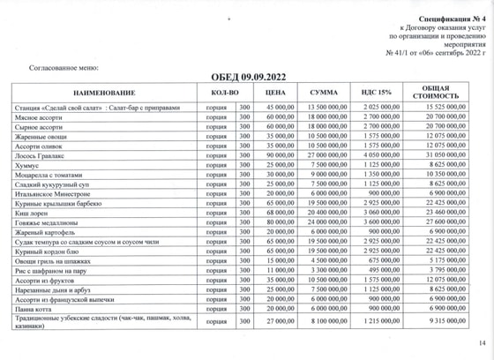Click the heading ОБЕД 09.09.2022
[x=246, y=77]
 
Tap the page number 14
[x=481, y=343]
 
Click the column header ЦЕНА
[x=274, y=92]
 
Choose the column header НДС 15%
[x=379, y=92]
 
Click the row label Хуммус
[x=29, y=164]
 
